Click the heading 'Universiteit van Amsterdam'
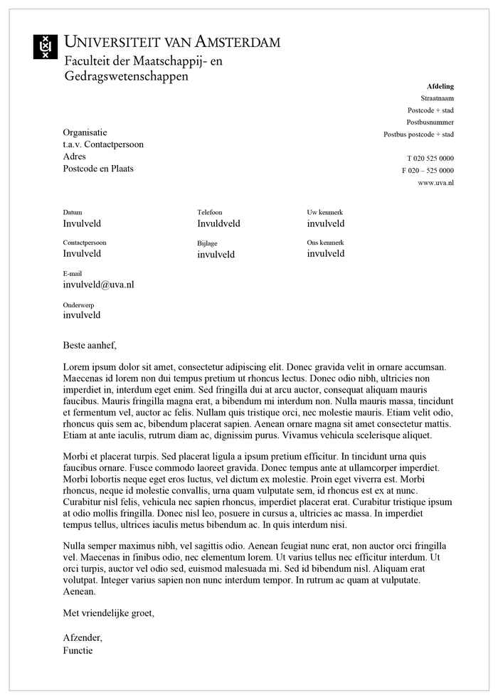click(x=172, y=42)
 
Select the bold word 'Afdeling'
click(x=440, y=86)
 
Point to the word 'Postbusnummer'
click(x=435, y=122)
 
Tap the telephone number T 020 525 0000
click(x=430, y=158)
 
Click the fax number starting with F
click(x=428, y=171)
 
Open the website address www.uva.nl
click(x=435, y=183)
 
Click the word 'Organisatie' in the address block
click(x=85, y=132)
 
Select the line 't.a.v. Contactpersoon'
click(x=103, y=144)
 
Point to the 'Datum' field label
click(x=73, y=213)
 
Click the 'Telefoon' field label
click(x=210, y=213)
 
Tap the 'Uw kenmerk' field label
click(x=325, y=213)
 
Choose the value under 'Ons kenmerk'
click(x=326, y=254)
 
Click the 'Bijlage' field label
click(x=207, y=243)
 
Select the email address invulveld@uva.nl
click(x=98, y=285)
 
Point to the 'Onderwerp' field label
click(x=78, y=304)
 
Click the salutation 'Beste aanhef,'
click(x=89, y=346)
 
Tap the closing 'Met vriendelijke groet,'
click(x=108, y=612)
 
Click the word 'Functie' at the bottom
click(x=78, y=650)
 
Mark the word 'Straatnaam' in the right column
click(x=437, y=98)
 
